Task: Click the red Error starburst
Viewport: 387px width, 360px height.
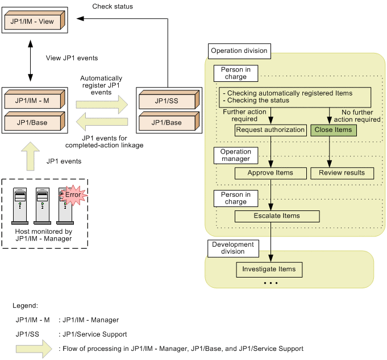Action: tap(73, 195)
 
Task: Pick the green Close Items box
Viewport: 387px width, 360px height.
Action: tap(333, 130)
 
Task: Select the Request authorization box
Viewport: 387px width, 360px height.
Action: tap(271, 130)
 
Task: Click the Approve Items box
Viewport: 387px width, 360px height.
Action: tap(271, 173)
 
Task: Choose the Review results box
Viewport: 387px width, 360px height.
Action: tap(342, 173)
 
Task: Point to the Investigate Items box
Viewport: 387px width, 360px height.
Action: tap(269, 269)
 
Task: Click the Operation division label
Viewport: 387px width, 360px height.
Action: tap(239, 51)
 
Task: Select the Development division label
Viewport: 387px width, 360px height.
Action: tap(232, 248)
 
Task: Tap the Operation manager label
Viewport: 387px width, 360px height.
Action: tap(236, 155)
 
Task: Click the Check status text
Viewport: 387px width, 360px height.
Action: tap(113, 7)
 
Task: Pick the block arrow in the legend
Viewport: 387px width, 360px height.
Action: tap(34, 349)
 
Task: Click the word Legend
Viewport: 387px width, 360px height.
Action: tap(26, 306)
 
